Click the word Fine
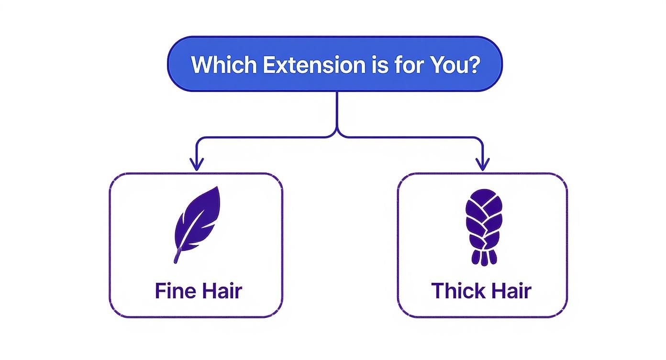click(172, 291)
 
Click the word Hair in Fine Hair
click(221, 291)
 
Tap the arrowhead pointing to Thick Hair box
click(482, 165)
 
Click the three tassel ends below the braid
click(484, 258)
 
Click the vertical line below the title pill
click(337, 110)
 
